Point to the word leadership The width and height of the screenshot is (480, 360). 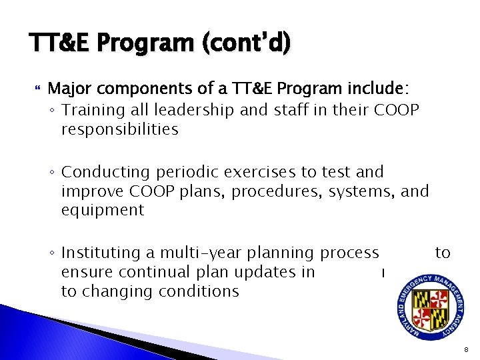(x=183, y=110)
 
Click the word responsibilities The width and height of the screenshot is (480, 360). (x=119, y=129)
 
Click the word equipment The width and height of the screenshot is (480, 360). (x=102, y=211)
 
